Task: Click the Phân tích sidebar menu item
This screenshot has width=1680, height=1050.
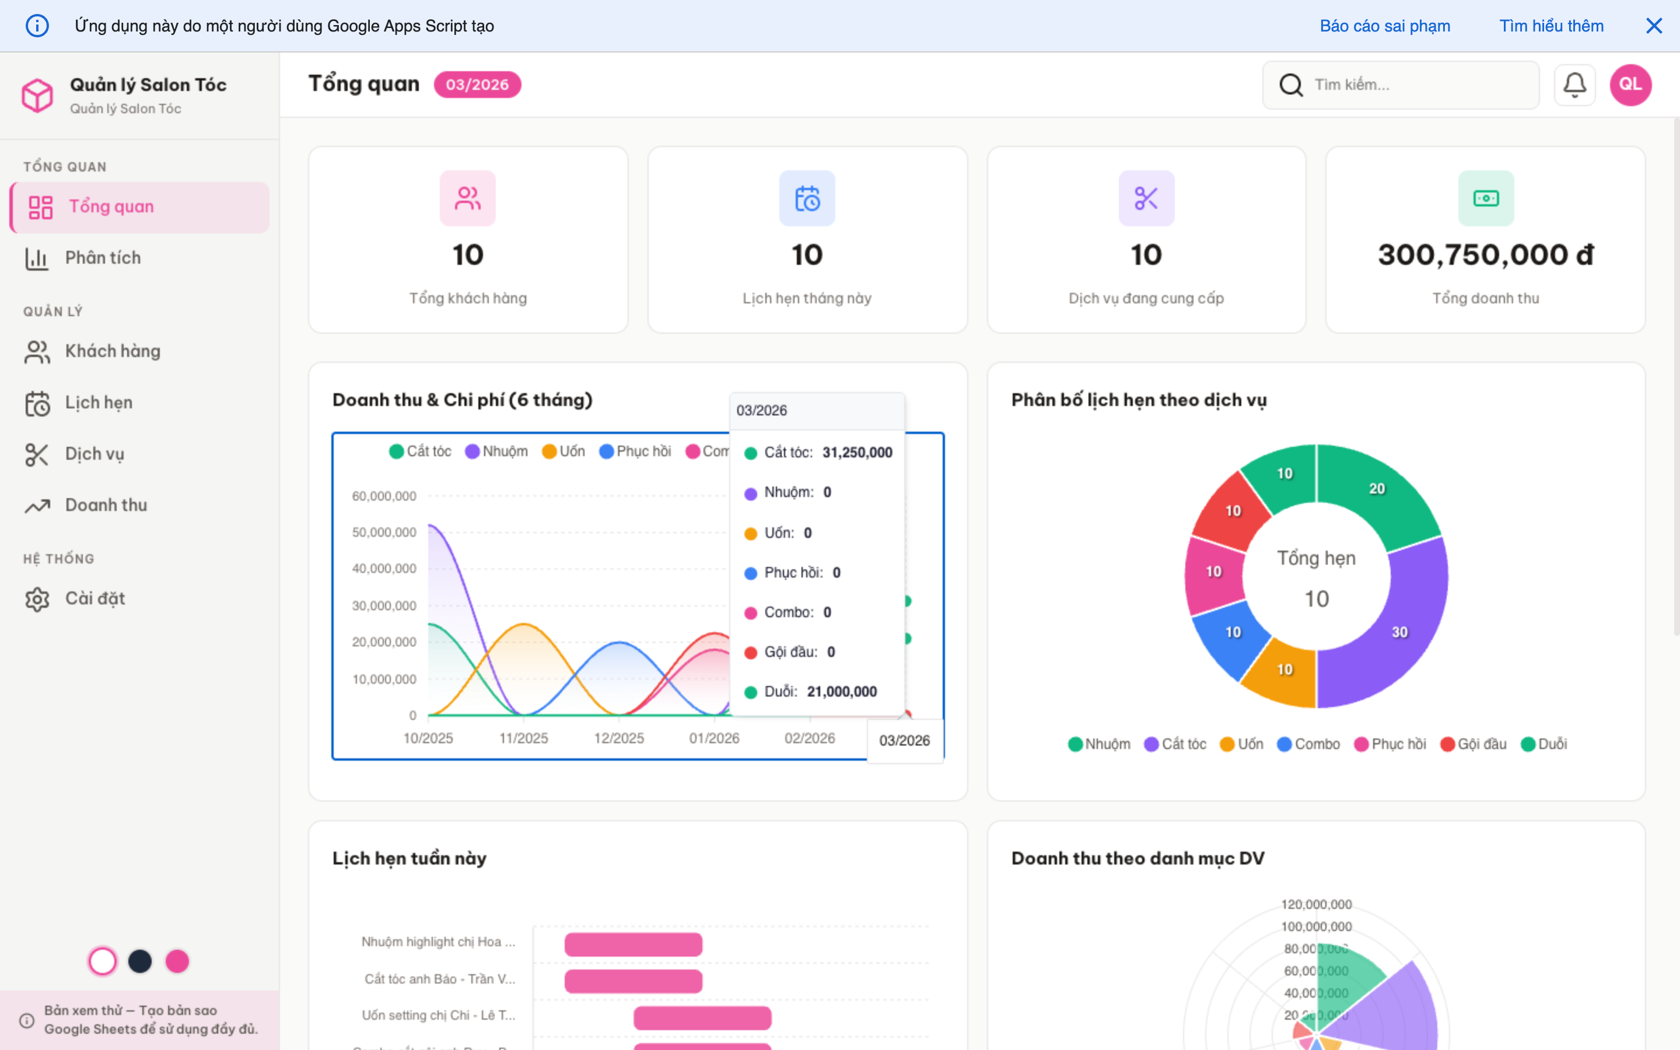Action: point(102,258)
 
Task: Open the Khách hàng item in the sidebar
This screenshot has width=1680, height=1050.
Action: point(112,351)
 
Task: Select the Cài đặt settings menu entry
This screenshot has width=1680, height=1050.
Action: point(94,598)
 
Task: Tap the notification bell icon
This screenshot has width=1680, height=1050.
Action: point(1574,85)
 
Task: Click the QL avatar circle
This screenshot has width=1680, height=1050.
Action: point(1630,85)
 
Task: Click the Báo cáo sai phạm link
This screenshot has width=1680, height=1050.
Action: point(1384,26)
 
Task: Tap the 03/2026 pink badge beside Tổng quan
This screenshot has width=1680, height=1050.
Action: point(477,85)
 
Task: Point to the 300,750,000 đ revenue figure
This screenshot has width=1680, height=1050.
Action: point(1485,255)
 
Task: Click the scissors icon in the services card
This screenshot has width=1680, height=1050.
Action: point(1146,198)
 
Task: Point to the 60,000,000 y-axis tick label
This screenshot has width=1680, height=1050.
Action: point(384,496)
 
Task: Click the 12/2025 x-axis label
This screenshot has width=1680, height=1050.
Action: point(618,738)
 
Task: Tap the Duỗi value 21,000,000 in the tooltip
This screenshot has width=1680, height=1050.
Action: point(841,692)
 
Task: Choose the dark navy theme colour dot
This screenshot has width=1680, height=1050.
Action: point(139,961)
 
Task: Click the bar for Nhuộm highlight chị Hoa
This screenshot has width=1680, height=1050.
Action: point(632,944)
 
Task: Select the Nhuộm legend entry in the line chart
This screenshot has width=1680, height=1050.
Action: point(496,452)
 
